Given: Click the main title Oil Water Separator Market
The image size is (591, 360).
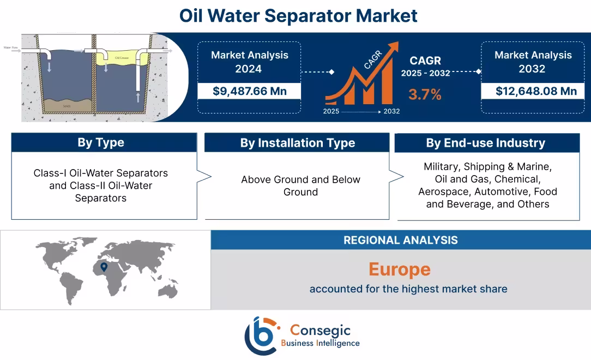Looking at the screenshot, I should click(298, 15).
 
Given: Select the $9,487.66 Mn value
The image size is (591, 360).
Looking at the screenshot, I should click(249, 91).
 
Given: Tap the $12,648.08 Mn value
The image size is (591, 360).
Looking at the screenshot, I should click(536, 91).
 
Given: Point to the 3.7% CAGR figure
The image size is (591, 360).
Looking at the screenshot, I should click(425, 94).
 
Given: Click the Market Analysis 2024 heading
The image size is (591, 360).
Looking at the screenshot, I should click(249, 62).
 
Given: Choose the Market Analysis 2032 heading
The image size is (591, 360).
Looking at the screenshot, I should click(533, 62).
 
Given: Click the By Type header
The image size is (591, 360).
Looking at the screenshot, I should click(101, 143).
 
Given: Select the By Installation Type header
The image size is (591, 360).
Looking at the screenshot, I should click(297, 143).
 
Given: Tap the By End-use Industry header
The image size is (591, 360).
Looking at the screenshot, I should click(485, 143).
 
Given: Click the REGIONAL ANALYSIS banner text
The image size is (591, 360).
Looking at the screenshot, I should click(400, 240).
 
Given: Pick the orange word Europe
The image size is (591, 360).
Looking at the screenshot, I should click(399, 269).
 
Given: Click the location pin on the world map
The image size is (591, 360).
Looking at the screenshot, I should click(104, 267).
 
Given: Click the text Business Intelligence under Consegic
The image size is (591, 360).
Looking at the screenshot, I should click(320, 343).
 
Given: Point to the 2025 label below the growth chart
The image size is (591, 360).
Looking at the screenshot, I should click(331, 111).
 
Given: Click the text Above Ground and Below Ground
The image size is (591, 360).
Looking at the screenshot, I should click(300, 185).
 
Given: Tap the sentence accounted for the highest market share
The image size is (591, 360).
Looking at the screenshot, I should click(408, 289).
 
